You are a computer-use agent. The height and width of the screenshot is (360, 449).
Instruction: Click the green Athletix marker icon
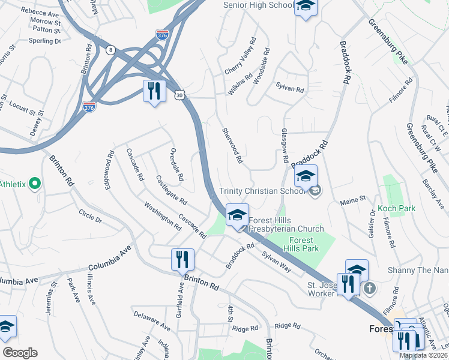pyautogui.click(x=35, y=184)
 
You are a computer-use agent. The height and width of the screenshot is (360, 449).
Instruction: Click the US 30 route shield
pyautogui.click(x=179, y=95)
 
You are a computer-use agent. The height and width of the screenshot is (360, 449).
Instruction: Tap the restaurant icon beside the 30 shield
pyautogui.click(x=155, y=91)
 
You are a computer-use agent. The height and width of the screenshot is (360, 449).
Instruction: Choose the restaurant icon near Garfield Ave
pyautogui.click(x=182, y=260)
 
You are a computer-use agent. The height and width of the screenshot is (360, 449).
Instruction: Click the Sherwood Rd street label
pyautogui.click(x=232, y=146)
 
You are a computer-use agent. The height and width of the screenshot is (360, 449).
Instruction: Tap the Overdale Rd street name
pyautogui.click(x=176, y=164)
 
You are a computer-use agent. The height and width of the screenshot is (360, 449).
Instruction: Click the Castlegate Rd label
pyautogui.click(x=171, y=188)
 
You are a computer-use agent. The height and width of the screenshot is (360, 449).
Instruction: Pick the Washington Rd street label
pyautogui.click(x=162, y=215)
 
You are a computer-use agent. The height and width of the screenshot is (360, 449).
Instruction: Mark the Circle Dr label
pyautogui.click(x=90, y=216)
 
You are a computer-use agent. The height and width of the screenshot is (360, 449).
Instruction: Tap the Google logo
pyautogui.click(x=20, y=353)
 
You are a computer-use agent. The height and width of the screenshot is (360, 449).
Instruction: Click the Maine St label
pyautogui.click(x=353, y=199)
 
